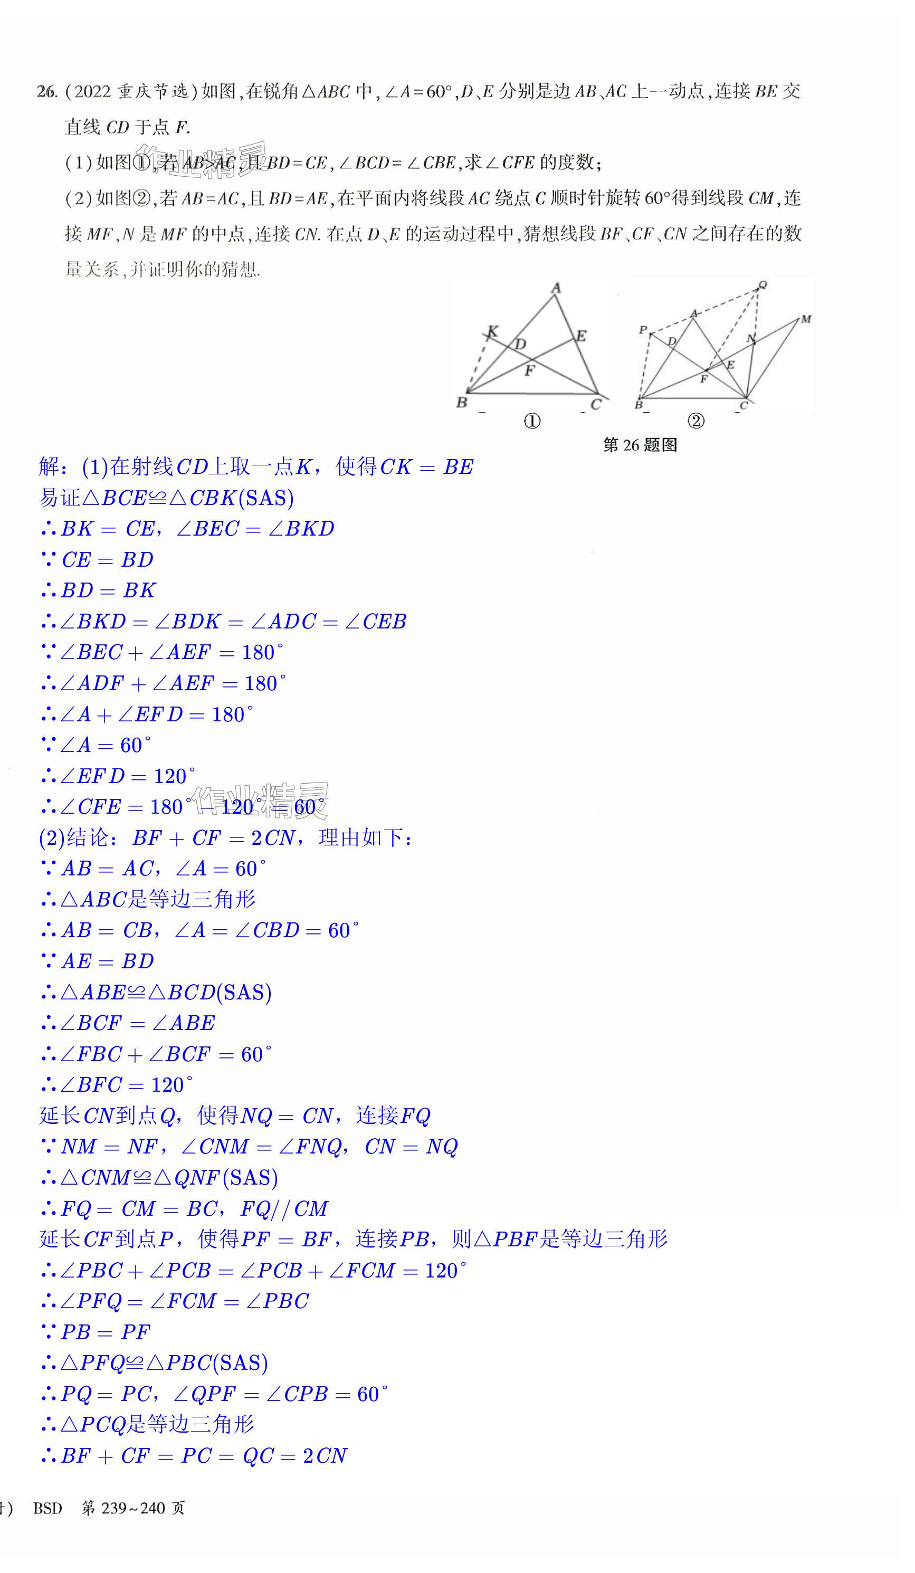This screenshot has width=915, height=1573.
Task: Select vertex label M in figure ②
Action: pos(806,319)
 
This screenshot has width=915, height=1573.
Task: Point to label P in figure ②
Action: pos(642,330)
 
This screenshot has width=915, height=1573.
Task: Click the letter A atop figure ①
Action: pos(556,288)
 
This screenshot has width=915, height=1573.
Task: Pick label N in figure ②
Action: pos(751,338)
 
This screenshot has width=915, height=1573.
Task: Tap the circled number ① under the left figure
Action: pos(532,421)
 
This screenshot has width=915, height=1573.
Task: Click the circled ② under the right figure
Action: pos(696,421)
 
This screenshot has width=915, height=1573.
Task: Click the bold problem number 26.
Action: pos(46,92)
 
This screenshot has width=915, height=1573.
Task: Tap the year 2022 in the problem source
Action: pos(92,92)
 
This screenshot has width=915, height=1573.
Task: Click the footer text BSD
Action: pos(47,1508)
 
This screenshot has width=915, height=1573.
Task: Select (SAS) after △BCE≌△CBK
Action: pos(266,498)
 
